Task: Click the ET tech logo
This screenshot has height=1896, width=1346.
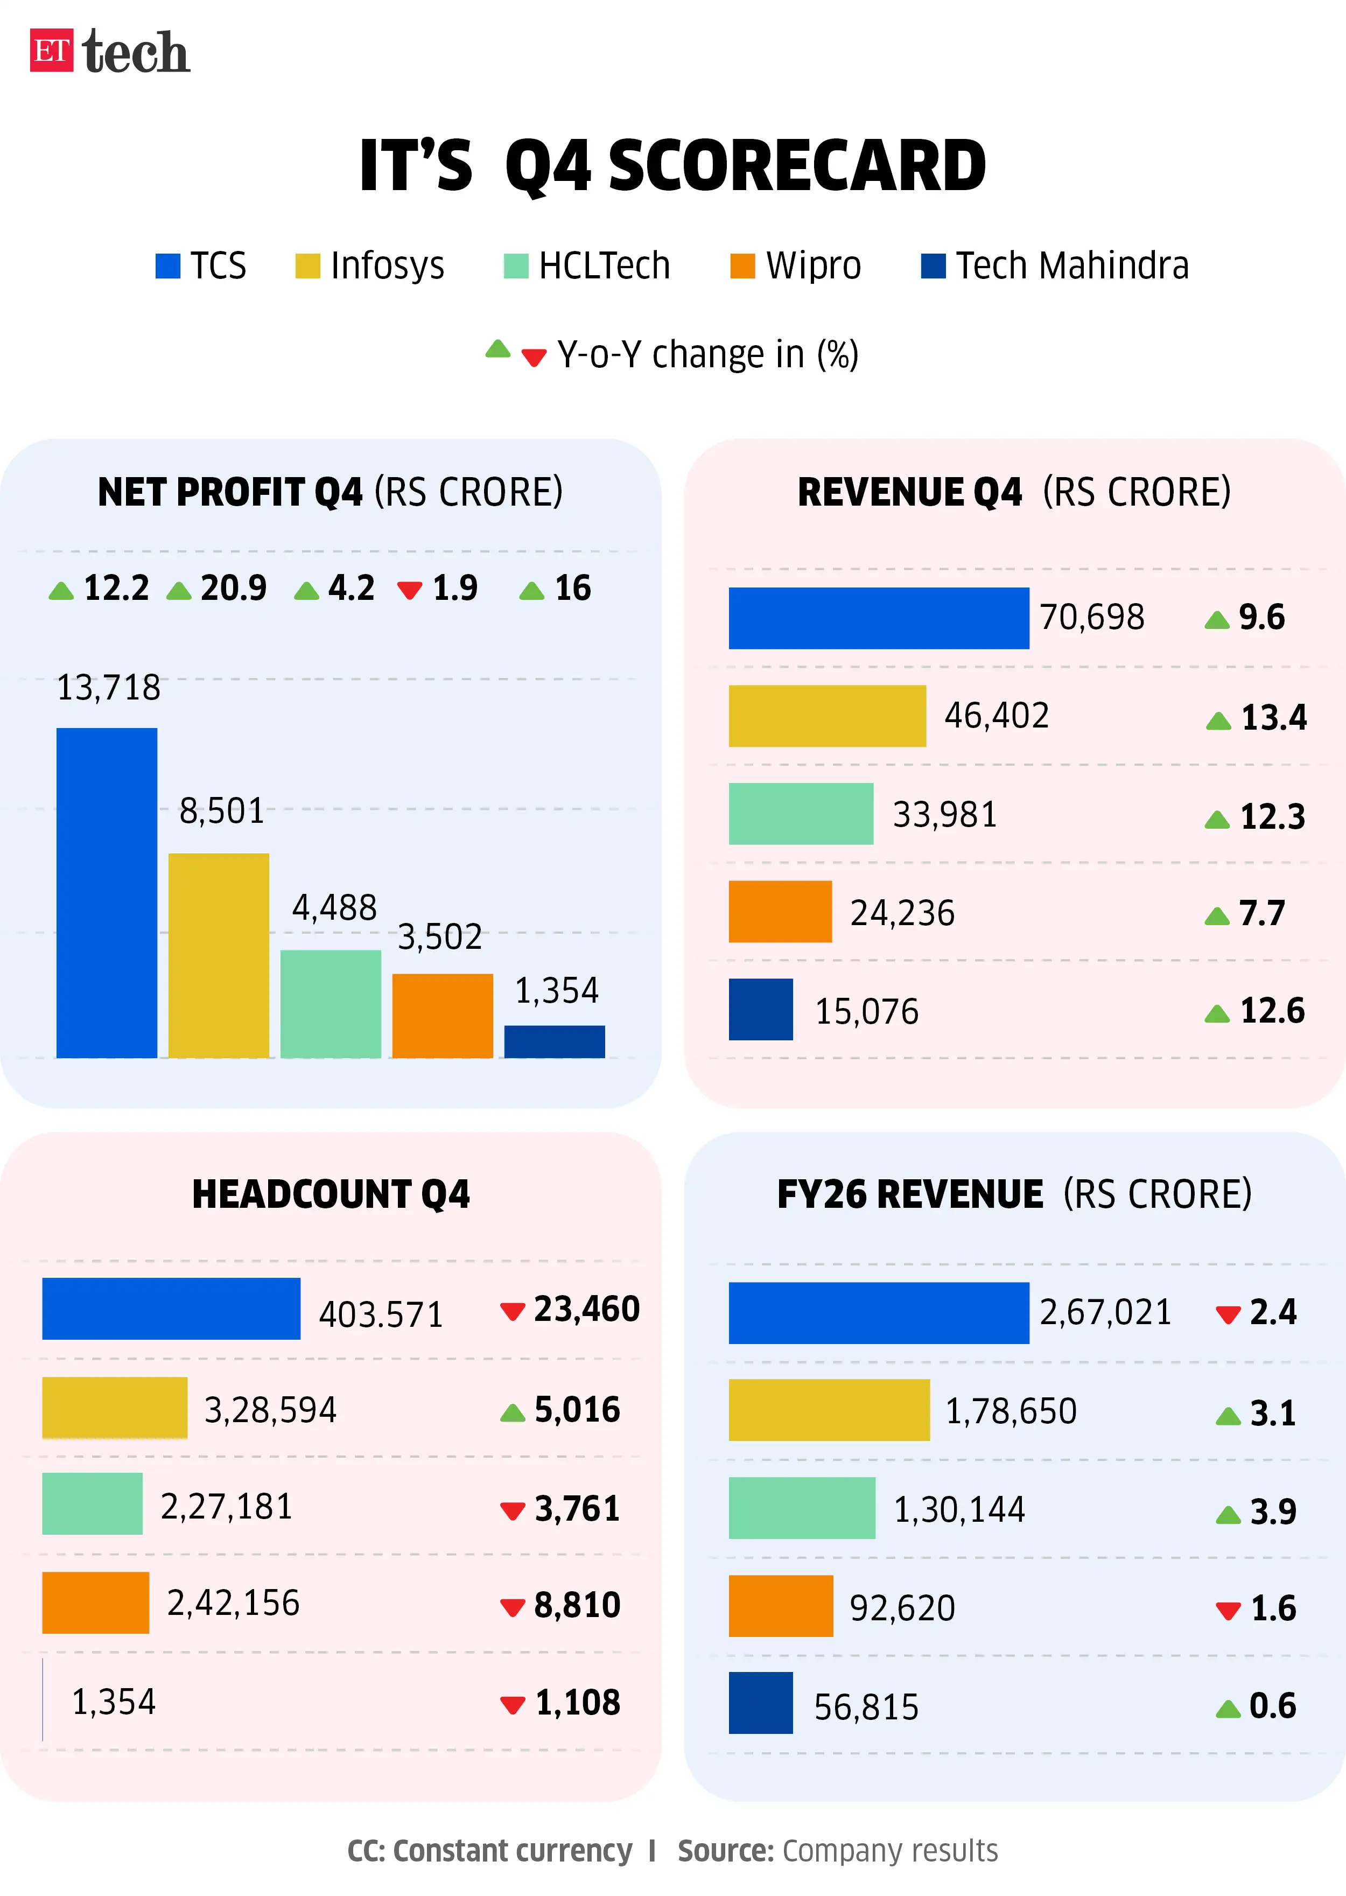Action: (109, 51)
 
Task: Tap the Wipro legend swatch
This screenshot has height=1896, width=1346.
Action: (742, 266)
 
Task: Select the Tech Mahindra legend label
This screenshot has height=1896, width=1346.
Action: (1071, 266)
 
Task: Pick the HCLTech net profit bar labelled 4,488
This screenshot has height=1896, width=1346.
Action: (331, 1003)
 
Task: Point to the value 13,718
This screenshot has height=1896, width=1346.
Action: (109, 687)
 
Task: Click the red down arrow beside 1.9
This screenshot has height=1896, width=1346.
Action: (409, 590)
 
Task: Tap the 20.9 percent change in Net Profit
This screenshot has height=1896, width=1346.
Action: (233, 588)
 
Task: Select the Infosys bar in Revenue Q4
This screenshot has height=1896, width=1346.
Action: (826, 716)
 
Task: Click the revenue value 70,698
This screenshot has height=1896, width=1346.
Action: (1091, 617)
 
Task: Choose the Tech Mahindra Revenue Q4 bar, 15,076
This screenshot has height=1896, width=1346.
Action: (760, 1009)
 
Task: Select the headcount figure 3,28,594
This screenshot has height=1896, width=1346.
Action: (270, 1409)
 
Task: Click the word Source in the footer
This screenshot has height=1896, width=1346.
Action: (724, 1850)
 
